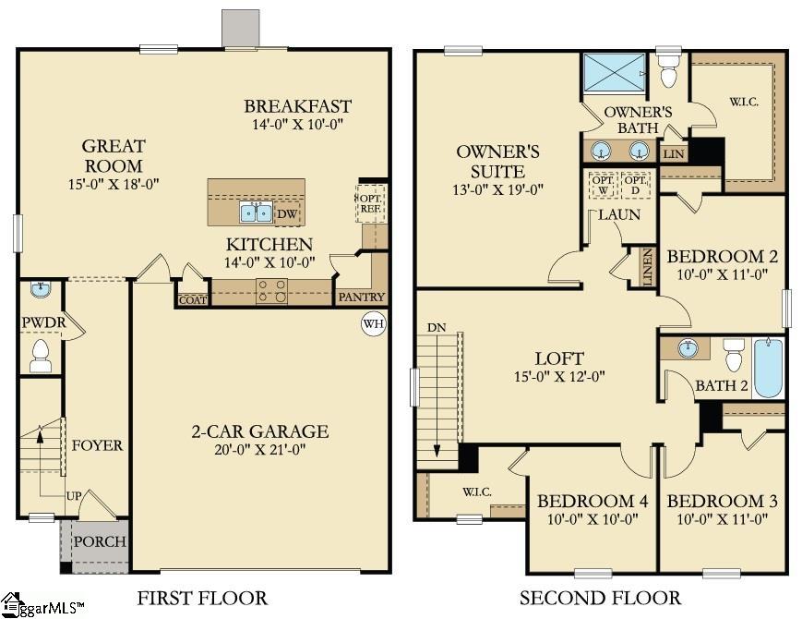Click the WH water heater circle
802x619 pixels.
pyautogui.click(x=374, y=324)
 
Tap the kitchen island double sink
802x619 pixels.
pyautogui.click(x=256, y=212)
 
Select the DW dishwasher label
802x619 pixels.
pyautogui.click(x=287, y=213)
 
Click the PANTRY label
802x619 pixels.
pyautogui.click(x=360, y=297)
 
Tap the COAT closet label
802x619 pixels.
pyautogui.click(x=193, y=298)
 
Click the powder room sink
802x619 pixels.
pyautogui.click(x=40, y=290)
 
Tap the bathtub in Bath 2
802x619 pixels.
pyautogui.click(x=767, y=368)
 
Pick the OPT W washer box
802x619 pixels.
pyautogui.click(x=603, y=185)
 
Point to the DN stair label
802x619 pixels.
pyautogui.click(x=436, y=328)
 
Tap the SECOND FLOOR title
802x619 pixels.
pyautogui.click(x=600, y=598)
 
